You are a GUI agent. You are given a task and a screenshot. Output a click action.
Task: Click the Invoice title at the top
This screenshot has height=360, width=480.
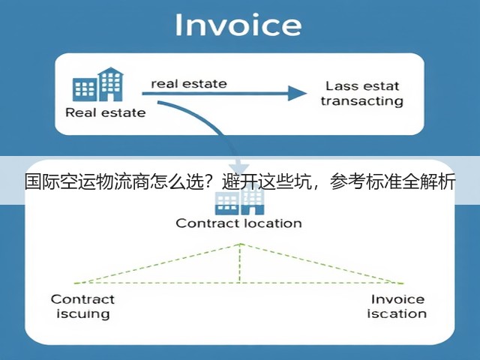coord(238,25)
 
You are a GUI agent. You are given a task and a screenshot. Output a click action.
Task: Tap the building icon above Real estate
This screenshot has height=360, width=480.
coord(98,85)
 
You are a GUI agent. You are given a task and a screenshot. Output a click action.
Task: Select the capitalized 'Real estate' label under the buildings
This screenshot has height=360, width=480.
coord(106,112)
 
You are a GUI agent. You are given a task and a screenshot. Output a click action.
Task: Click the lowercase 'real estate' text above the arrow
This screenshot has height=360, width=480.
coord(189,83)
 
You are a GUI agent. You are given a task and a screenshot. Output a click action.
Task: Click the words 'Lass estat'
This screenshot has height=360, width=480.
coord(362,86)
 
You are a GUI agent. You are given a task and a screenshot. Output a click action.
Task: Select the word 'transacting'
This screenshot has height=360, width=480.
coord(362,101)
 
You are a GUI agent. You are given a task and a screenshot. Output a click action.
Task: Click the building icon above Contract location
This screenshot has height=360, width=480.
coord(239,199)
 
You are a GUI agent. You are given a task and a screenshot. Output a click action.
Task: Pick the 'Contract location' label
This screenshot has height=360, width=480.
coord(238,223)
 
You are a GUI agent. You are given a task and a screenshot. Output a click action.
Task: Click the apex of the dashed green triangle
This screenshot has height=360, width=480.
coord(240,244)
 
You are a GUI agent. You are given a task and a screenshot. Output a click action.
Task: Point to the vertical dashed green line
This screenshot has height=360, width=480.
coord(240,263)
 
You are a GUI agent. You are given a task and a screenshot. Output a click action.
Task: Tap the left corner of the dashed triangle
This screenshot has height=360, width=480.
coord(75,283)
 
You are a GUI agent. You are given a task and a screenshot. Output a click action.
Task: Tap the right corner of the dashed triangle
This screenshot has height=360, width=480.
coord(403,283)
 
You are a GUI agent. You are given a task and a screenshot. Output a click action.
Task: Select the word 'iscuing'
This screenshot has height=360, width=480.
coord(83,314)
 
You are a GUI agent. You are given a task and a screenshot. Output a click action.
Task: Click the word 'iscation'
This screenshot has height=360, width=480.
coord(397,313)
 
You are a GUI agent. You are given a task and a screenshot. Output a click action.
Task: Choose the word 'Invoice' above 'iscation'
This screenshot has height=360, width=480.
coord(397,299)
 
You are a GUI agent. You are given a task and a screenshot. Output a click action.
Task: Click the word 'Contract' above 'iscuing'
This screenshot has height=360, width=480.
coord(82,299)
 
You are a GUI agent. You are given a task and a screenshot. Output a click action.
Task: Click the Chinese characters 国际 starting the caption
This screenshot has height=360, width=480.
coord(42,181)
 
